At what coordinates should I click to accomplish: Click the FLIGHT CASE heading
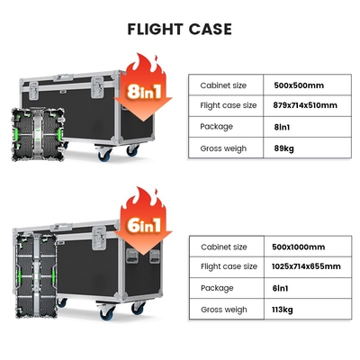(179, 29)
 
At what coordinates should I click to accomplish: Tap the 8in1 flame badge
(143, 87)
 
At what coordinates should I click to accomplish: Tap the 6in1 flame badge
(143, 221)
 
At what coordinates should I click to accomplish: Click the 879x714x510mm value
(305, 105)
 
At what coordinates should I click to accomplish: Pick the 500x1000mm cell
(298, 247)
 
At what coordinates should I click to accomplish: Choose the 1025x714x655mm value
(306, 266)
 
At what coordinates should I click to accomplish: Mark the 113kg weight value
(283, 310)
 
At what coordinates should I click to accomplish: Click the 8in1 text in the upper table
(282, 127)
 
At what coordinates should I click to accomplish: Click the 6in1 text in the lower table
(280, 288)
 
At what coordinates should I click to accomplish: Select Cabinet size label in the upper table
(223, 85)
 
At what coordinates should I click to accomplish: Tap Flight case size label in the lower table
(229, 266)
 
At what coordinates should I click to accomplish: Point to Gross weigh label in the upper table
(223, 148)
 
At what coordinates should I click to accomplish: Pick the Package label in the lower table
(217, 288)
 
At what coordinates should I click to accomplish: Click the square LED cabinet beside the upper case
(38, 135)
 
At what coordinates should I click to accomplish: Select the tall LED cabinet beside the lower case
(36, 276)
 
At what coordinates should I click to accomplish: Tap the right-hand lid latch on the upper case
(97, 87)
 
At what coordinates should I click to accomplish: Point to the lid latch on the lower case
(99, 238)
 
